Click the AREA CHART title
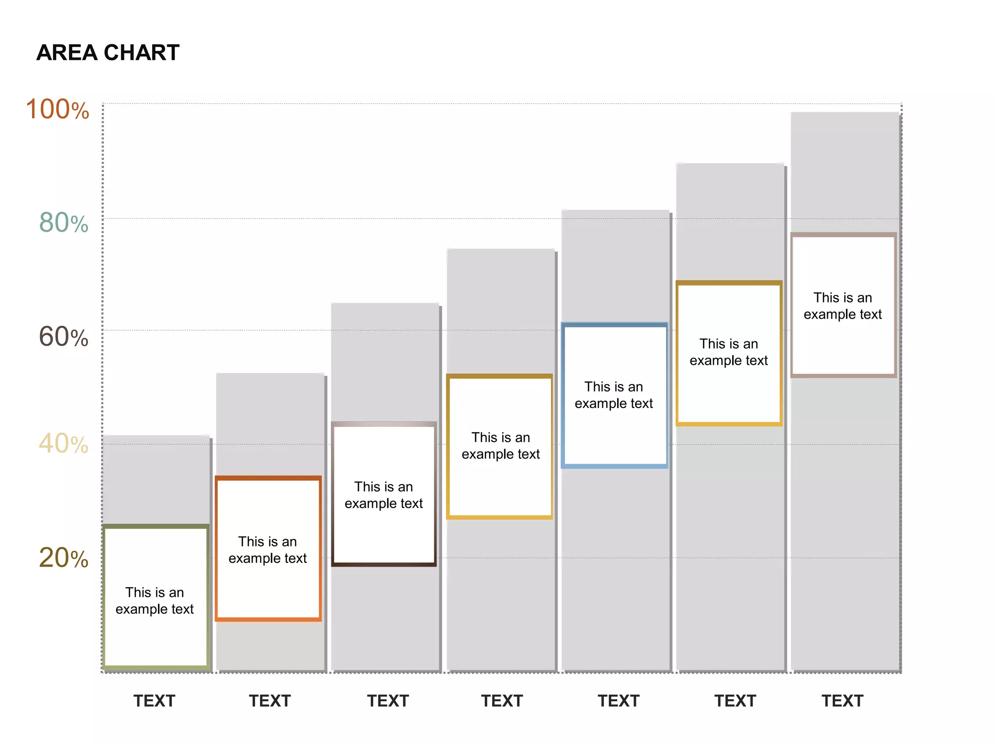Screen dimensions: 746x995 click(108, 52)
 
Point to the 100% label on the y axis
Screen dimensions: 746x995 click(57, 109)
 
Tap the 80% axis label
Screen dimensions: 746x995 click(64, 223)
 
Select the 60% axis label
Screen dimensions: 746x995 click(64, 337)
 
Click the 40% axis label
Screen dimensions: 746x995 click(64, 443)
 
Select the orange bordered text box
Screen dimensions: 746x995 click(268, 549)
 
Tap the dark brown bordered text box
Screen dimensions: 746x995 click(384, 494)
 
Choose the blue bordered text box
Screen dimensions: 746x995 click(614, 395)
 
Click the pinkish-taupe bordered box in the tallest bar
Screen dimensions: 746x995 click(843, 305)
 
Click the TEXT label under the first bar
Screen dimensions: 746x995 click(154, 701)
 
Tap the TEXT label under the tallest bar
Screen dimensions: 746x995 click(842, 701)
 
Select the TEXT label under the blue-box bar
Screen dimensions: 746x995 click(618, 701)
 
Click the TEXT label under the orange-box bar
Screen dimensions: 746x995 click(270, 701)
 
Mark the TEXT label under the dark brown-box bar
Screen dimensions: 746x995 click(388, 701)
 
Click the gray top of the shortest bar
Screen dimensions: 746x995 click(155, 478)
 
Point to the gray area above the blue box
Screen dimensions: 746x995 click(615, 265)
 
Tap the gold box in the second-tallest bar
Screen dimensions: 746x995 click(729, 353)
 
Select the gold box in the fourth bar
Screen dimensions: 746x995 click(499, 446)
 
